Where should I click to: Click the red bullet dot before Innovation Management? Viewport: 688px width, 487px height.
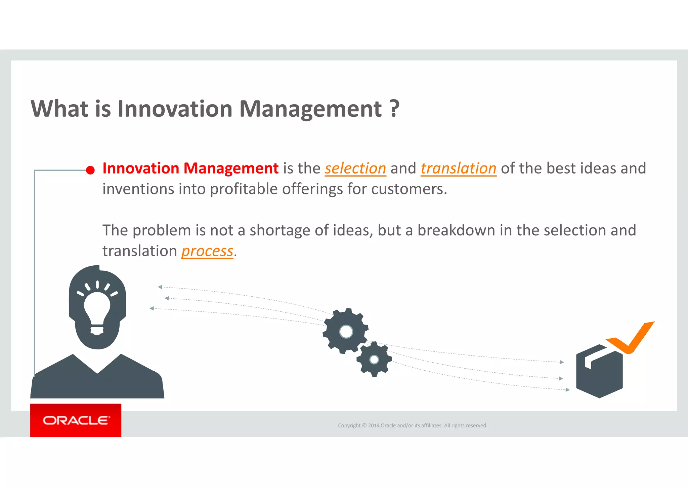[90, 170]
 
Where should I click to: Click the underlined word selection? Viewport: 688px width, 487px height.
[355, 168]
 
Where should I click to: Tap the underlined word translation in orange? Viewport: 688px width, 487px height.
[458, 168]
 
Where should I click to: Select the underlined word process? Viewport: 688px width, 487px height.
[207, 251]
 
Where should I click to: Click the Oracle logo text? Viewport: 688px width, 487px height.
[76, 420]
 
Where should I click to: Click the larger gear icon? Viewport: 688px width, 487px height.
[345, 331]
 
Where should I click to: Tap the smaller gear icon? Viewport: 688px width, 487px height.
[374, 360]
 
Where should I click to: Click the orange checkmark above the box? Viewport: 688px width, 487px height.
[632, 338]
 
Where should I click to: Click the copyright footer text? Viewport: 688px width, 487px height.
[412, 425]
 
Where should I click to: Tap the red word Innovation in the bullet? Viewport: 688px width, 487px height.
[140, 168]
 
